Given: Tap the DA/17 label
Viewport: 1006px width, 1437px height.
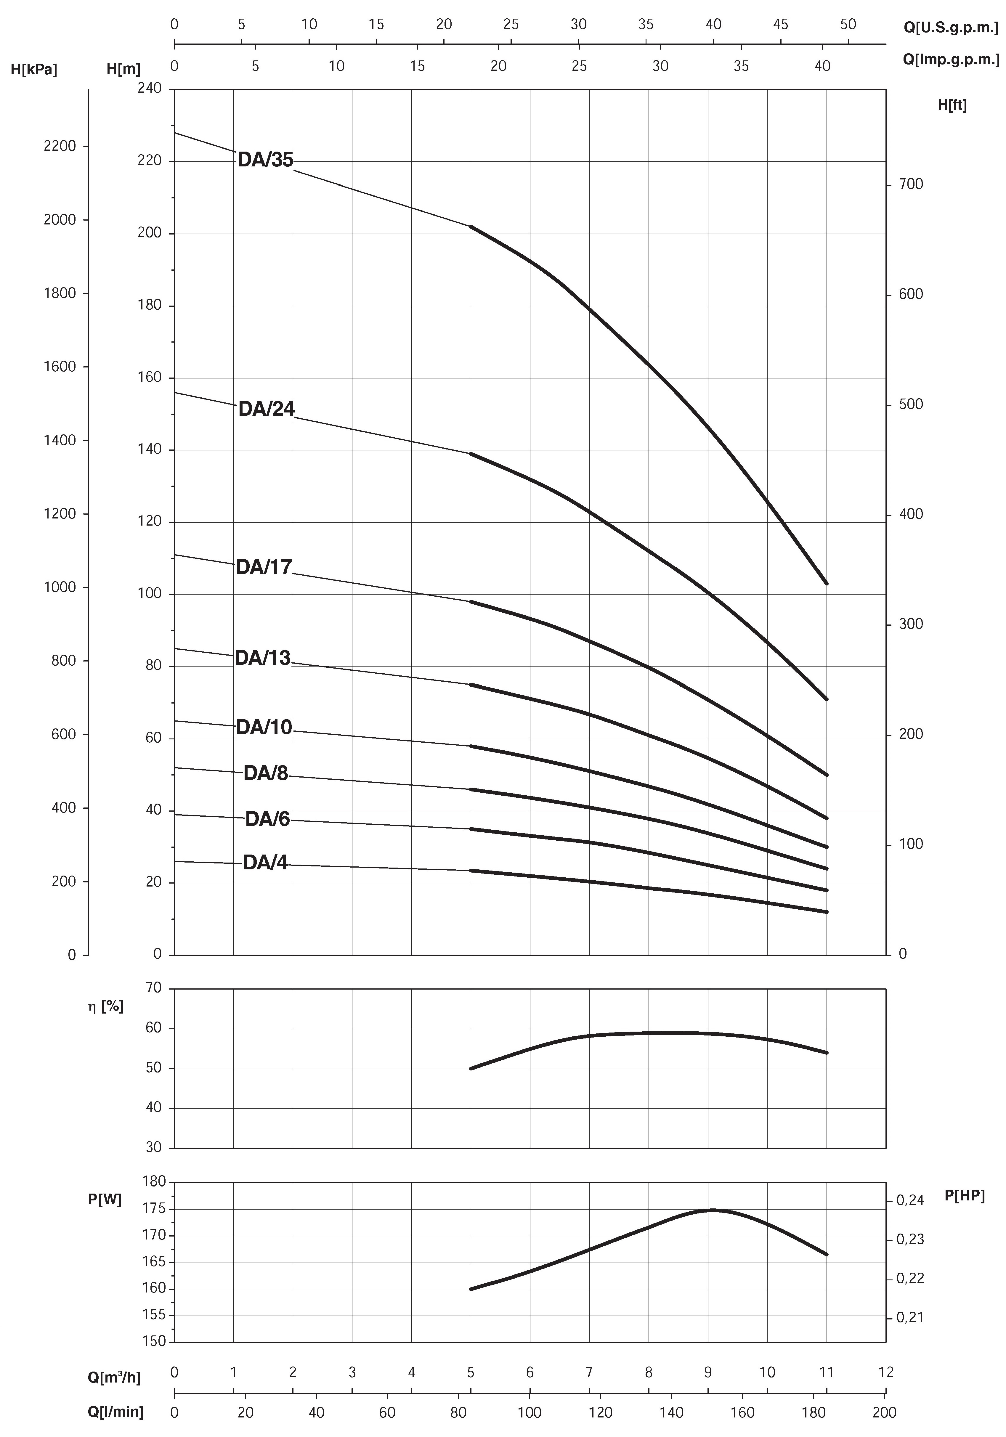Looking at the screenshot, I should [264, 567].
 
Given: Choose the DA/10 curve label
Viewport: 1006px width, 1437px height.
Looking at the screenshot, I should [264, 727].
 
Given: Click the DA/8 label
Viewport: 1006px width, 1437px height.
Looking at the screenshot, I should [266, 774].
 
